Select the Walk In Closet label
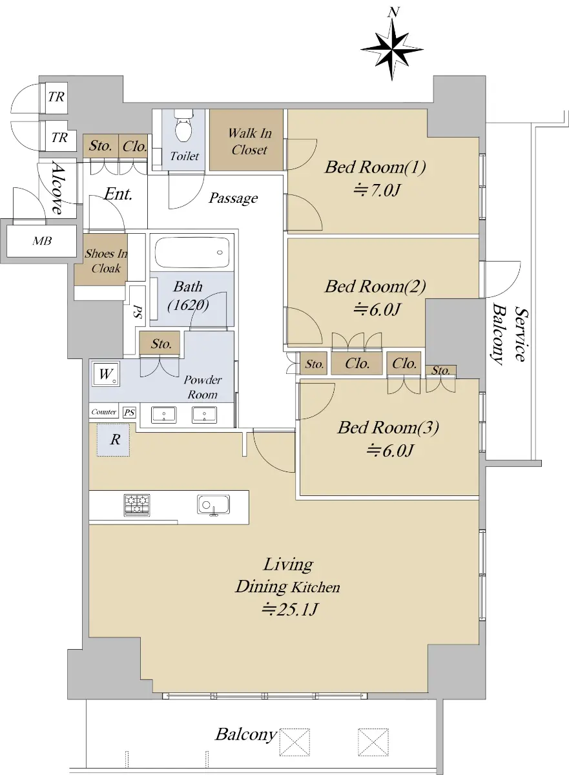tap(250, 141)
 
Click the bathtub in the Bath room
tap(192, 253)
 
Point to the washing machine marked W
tap(106, 375)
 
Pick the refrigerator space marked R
tap(113, 440)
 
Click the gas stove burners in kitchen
tap(137, 505)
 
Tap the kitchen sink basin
tap(213, 505)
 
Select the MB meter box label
tap(42, 241)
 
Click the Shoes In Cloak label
tap(106, 261)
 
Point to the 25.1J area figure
tap(289, 609)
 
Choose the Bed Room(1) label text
tap(375, 167)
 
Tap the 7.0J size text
tap(377, 191)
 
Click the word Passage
tap(234, 198)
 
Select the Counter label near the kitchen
tap(103, 412)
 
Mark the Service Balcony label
tap(510, 334)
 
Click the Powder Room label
tap(202, 387)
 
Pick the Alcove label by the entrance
tap(57, 188)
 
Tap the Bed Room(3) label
tap(388, 428)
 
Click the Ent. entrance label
tap(118, 194)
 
